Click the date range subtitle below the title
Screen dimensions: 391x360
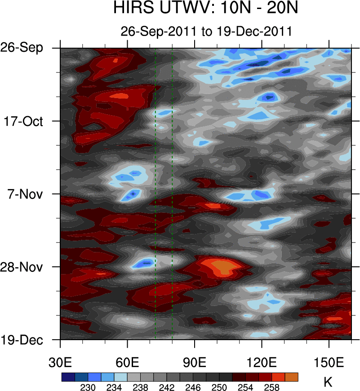pos(206,31)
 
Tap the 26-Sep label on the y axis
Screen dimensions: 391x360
pos(22,48)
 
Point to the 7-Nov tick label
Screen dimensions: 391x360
pos(25,194)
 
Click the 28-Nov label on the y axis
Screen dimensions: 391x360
pos(23,267)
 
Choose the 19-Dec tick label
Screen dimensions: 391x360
pos(22,340)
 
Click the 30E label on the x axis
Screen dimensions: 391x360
pos(60,363)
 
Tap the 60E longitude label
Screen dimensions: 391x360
pos(127,363)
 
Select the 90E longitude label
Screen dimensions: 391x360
pos(195,363)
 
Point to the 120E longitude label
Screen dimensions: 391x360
pos(262,363)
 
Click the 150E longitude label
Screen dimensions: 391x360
pos(329,363)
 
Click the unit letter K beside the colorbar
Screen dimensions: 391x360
pos(328,382)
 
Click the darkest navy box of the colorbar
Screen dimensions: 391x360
pos(68,377)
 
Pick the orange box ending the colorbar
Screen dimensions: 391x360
pos(291,377)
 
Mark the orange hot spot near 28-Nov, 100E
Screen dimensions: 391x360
pos(221,265)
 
